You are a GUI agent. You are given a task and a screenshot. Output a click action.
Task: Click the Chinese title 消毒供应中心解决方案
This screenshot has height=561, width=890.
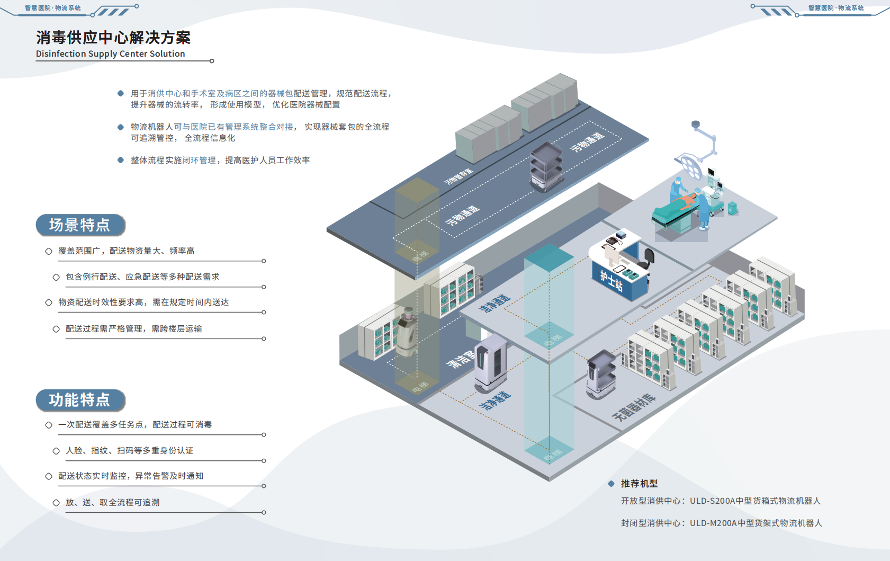tap(113, 38)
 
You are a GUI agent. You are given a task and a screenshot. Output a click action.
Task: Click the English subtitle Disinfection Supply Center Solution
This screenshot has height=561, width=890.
tap(111, 54)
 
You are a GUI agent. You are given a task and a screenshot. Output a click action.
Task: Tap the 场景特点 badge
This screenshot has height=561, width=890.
tap(80, 225)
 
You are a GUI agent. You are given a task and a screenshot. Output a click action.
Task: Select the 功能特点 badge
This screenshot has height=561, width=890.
tap(80, 400)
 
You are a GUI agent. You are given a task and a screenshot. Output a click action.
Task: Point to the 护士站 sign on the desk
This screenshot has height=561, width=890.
tap(612, 280)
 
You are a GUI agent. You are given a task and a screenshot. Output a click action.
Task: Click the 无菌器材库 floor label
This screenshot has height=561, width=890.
tap(634, 407)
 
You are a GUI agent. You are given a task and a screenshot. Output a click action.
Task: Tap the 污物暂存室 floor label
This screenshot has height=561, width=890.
tap(459, 177)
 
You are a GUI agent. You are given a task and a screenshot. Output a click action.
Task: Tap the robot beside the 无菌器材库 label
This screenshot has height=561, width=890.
tap(601, 375)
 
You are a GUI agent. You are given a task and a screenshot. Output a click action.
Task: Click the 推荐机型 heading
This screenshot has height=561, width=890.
tap(639, 484)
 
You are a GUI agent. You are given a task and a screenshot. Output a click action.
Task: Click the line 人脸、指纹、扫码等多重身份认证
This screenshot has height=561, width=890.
tap(129, 450)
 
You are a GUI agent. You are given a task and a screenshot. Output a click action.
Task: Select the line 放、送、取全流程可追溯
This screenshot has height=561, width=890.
tap(112, 502)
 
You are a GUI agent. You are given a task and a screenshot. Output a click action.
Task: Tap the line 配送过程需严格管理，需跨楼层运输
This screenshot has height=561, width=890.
tap(133, 328)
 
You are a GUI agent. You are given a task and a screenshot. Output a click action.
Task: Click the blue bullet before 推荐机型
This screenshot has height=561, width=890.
tap(611, 484)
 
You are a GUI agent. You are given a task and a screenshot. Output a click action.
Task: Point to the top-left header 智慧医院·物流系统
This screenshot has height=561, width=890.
tap(53, 8)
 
